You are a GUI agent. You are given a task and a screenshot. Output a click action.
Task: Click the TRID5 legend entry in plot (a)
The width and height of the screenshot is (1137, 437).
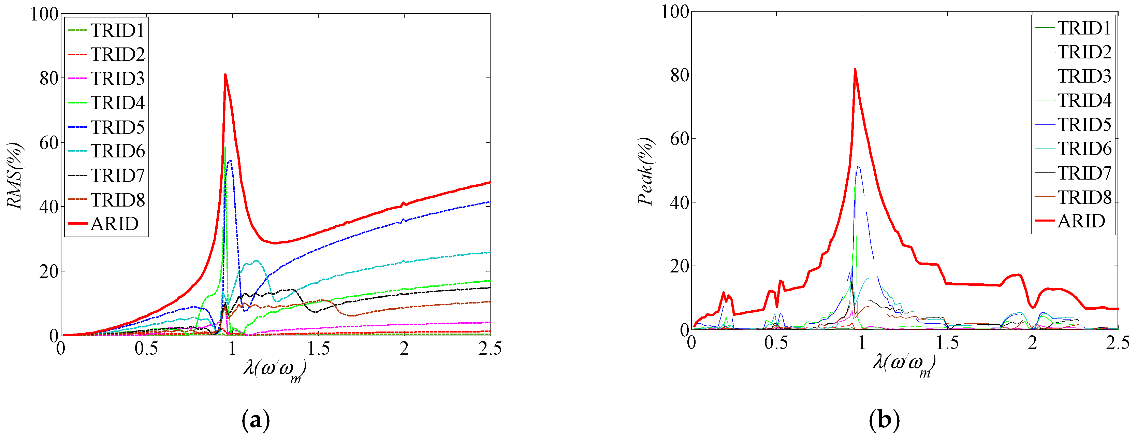pyautogui.click(x=117, y=127)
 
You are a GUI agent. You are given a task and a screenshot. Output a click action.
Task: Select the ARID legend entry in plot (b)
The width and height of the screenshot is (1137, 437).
pyautogui.click(x=1081, y=221)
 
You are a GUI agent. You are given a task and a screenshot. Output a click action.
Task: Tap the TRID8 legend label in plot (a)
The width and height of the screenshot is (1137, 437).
pyautogui.click(x=117, y=200)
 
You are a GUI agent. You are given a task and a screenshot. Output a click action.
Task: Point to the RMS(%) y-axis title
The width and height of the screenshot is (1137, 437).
pyautogui.click(x=15, y=175)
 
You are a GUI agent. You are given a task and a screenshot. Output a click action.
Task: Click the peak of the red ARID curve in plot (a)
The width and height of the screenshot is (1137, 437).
pyautogui.click(x=225, y=74)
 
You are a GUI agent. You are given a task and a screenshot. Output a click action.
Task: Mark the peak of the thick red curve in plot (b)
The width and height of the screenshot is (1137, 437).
pyautogui.click(x=855, y=69)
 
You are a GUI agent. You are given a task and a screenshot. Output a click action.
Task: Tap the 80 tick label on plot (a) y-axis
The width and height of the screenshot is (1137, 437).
pyautogui.click(x=48, y=79)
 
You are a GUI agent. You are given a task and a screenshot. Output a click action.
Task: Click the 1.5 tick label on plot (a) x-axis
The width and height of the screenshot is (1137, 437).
pyautogui.click(x=318, y=349)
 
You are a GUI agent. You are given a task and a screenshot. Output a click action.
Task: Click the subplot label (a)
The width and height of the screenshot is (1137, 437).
pyautogui.click(x=256, y=420)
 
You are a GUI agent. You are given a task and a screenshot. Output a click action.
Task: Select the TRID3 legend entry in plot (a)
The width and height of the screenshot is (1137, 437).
pyautogui.click(x=117, y=79)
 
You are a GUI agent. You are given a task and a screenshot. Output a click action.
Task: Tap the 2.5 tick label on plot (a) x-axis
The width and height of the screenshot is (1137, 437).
pyautogui.click(x=490, y=349)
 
